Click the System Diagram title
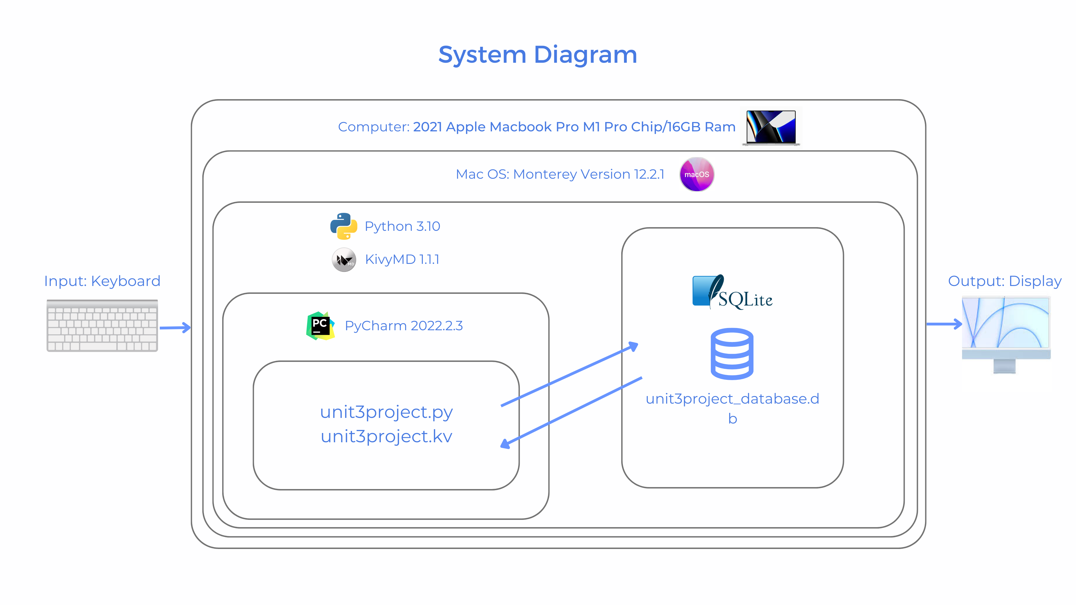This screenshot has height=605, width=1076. point(538,55)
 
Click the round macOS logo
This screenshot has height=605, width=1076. point(697,174)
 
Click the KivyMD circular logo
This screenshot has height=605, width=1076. point(344,260)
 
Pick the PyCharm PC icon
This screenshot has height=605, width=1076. point(320,326)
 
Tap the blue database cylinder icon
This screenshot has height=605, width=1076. point(732,354)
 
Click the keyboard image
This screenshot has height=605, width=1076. point(102,326)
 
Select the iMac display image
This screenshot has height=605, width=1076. point(1006,334)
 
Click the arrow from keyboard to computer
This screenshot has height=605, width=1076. point(175,327)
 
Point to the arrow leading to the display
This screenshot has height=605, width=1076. point(944,324)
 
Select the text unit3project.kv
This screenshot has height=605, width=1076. point(386,436)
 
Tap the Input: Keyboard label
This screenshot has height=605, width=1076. point(102,281)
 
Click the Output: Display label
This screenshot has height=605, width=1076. point(1005,281)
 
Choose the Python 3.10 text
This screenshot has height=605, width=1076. point(402,226)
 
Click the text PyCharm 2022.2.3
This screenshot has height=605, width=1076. point(403,326)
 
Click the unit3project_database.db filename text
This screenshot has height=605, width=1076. point(732,399)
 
